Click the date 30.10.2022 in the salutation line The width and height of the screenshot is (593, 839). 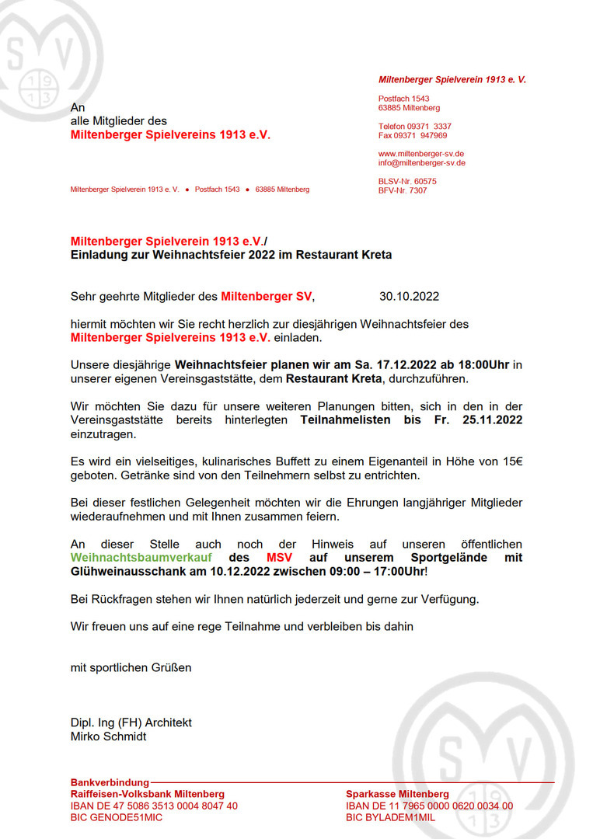point(410,296)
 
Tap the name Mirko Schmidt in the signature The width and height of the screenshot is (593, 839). point(108,736)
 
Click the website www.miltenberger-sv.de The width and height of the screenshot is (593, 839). point(421,154)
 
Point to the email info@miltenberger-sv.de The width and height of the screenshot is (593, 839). point(422,163)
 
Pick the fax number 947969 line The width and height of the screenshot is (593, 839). point(413,135)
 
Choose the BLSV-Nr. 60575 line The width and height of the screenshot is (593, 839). point(407,181)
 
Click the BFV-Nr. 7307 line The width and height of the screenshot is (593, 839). point(403,190)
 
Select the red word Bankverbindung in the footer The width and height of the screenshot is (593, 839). point(110,782)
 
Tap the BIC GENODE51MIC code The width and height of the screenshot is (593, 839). point(117,817)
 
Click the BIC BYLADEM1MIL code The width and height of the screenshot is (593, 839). point(391,817)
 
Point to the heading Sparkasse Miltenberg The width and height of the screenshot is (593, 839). point(397,794)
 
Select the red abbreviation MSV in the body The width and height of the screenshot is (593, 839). point(280,558)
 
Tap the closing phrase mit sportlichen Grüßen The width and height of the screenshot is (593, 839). point(131,667)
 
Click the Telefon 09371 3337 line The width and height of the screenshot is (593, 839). point(415,126)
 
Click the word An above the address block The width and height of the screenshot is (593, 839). point(78,107)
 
